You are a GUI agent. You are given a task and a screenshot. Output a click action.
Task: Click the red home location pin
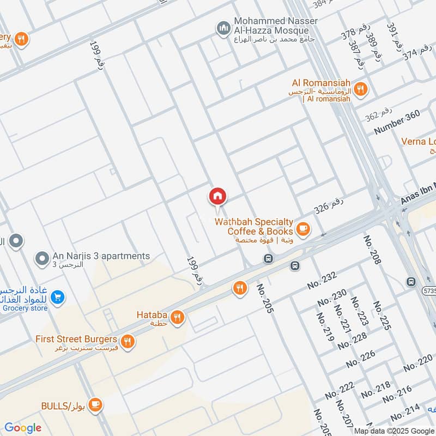tap(217, 197)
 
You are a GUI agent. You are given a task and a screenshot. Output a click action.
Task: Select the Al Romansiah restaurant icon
tap(360, 89)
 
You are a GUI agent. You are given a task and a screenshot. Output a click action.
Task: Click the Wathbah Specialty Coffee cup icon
tap(304, 229)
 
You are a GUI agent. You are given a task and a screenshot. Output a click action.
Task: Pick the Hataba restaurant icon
tap(177, 317)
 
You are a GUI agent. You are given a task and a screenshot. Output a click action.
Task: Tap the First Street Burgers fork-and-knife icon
tap(127, 342)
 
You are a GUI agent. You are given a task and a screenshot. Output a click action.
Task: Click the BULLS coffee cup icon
tap(95, 404)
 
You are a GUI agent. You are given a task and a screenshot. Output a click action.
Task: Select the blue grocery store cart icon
tap(57, 297)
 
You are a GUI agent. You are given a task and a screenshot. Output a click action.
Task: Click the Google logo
tap(23, 428)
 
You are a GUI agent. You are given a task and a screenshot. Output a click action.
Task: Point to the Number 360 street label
tap(397, 123)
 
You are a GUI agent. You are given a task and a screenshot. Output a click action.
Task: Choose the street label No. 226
tap(361, 358)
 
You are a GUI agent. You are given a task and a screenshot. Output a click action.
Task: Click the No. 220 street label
tap(418, 364)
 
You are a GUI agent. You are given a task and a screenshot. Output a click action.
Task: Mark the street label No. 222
tap(340, 390)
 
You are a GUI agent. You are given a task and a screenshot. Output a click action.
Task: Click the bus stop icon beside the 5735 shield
tap(411, 282)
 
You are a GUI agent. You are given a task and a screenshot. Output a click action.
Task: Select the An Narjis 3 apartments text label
tap(101, 256)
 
